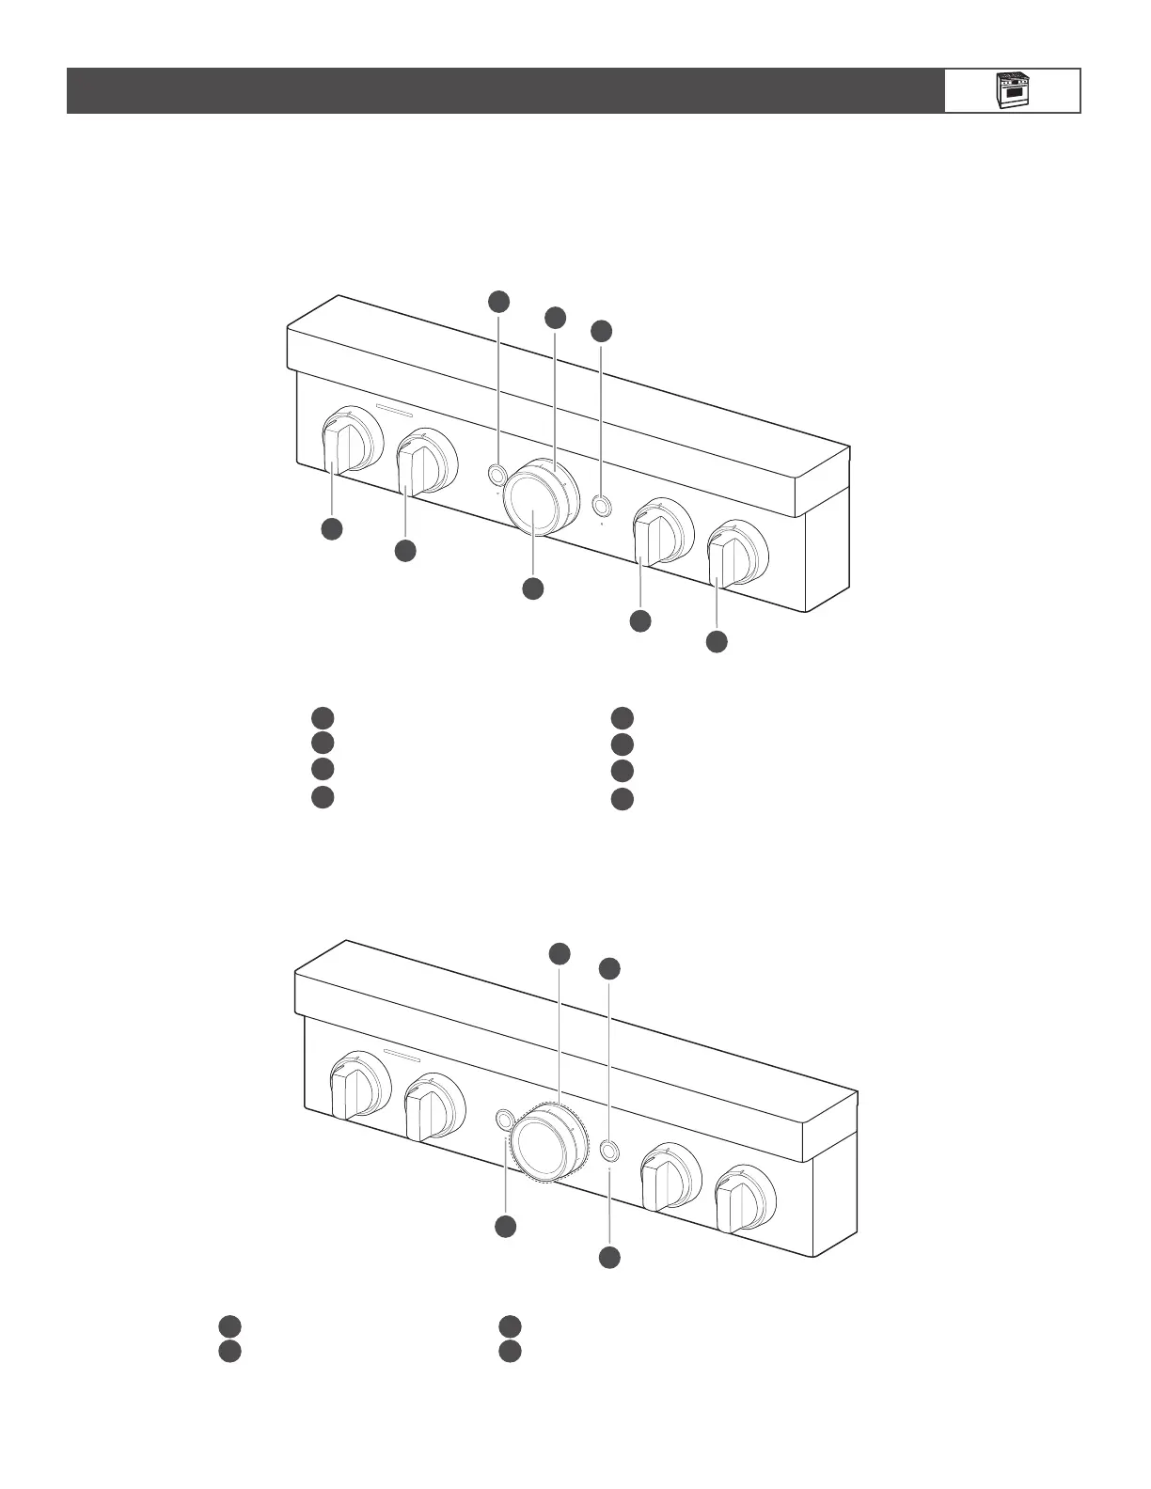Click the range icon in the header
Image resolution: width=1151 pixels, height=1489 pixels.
tap(1012, 90)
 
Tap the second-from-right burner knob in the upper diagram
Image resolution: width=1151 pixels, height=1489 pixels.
tap(654, 537)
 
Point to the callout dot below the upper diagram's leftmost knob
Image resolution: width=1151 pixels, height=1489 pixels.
tap(331, 528)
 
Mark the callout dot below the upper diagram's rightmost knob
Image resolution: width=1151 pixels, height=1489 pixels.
tap(717, 642)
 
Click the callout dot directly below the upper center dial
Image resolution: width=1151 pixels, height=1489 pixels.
tap(532, 588)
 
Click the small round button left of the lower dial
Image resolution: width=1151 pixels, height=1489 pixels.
tap(505, 1119)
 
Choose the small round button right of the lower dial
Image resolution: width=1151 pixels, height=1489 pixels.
tap(609, 1151)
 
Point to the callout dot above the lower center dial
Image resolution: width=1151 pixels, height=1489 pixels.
tap(560, 953)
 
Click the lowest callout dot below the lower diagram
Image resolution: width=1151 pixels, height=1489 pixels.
tap(610, 1257)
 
